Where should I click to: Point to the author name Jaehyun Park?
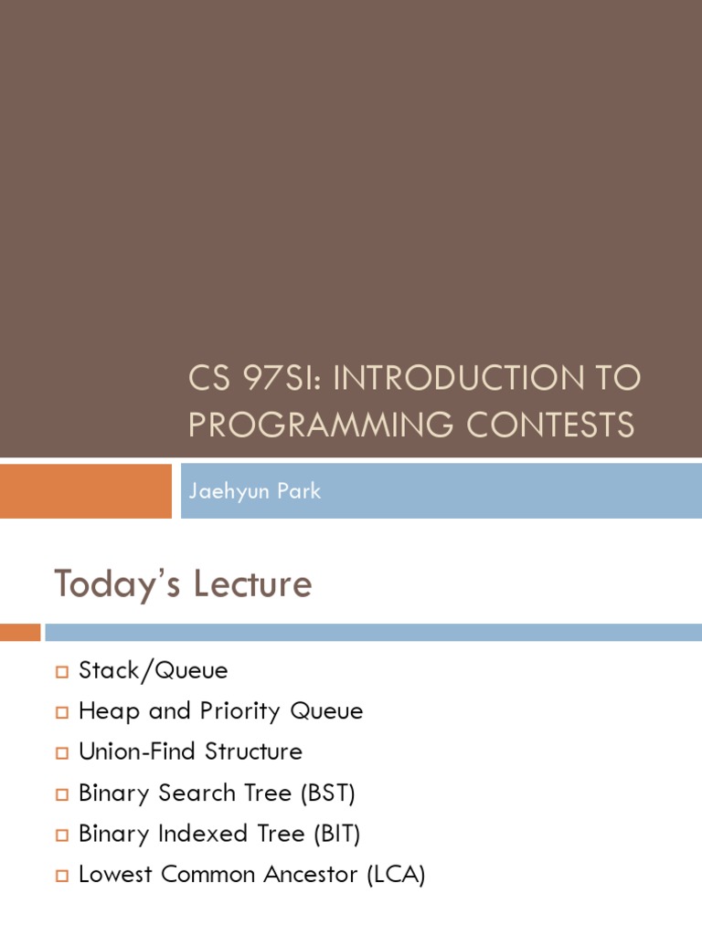[x=254, y=491]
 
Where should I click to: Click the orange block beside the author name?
[x=85, y=490]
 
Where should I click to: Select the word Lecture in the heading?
[x=258, y=584]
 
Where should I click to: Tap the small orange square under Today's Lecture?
[x=20, y=632]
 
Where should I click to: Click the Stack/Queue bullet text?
[x=153, y=671]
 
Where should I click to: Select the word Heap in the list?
[x=110, y=711]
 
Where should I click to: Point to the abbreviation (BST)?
[x=326, y=793]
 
